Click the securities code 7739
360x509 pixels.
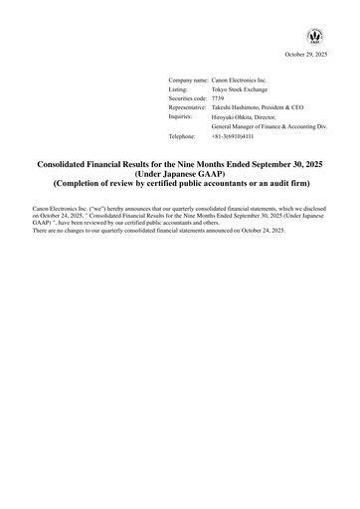pyautogui.click(x=219, y=97)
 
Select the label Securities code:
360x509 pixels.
pyautogui.click(x=188, y=97)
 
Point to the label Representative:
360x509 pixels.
pyautogui.click(x=188, y=107)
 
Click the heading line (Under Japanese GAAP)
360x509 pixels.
pyautogui.click(x=180, y=172)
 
